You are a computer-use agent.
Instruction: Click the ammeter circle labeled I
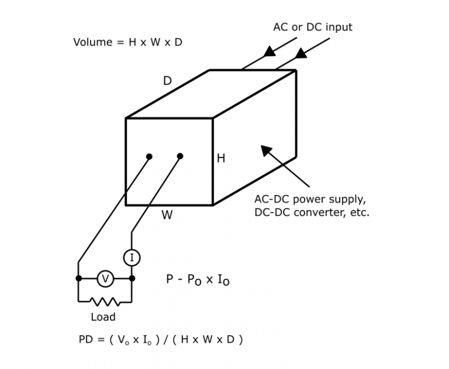pos(132,257)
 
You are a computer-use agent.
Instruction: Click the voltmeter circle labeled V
pos(105,279)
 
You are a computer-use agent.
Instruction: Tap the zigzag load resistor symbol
pos(105,302)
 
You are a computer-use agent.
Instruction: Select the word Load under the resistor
pos(103,317)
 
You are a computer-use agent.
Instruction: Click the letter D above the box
pos(167,81)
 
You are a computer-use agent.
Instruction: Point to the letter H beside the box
pos(221,158)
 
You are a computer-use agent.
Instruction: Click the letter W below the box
pos(167,215)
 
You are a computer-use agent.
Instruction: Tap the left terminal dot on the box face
pos(150,156)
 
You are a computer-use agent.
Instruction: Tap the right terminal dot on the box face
pos(180,156)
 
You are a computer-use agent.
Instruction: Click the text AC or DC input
pos(313,27)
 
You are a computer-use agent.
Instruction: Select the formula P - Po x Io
pos(198,280)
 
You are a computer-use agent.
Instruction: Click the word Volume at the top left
pos(93,42)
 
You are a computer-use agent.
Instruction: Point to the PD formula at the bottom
pos(160,340)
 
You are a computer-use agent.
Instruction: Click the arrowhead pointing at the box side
pos(267,151)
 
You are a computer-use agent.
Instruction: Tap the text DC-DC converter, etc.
pos(312,212)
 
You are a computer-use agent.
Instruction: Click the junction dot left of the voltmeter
pos(79,278)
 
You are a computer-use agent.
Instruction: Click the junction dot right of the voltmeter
pos(132,278)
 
